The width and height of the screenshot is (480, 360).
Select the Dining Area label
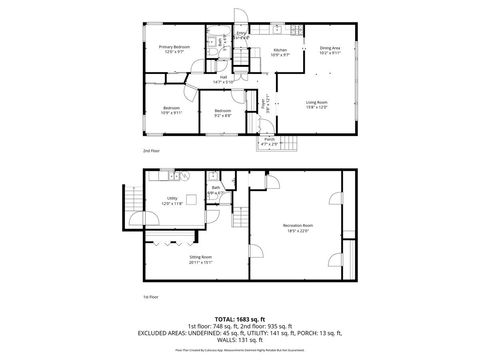(330, 48)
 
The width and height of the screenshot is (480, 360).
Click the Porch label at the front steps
(269, 141)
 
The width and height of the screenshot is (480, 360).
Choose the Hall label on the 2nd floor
(225, 78)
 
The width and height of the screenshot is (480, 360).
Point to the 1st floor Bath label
(215, 192)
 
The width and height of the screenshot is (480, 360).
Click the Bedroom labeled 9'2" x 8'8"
(223, 112)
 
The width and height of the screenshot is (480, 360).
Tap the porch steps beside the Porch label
(290, 141)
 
